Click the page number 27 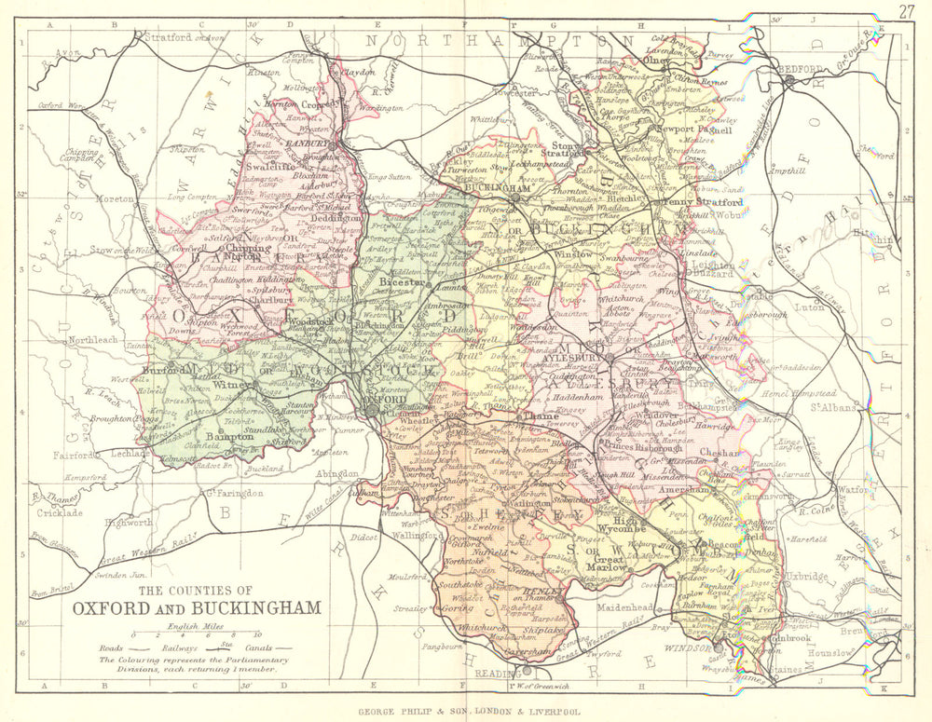pos(907,11)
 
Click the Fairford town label pos(75,456)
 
